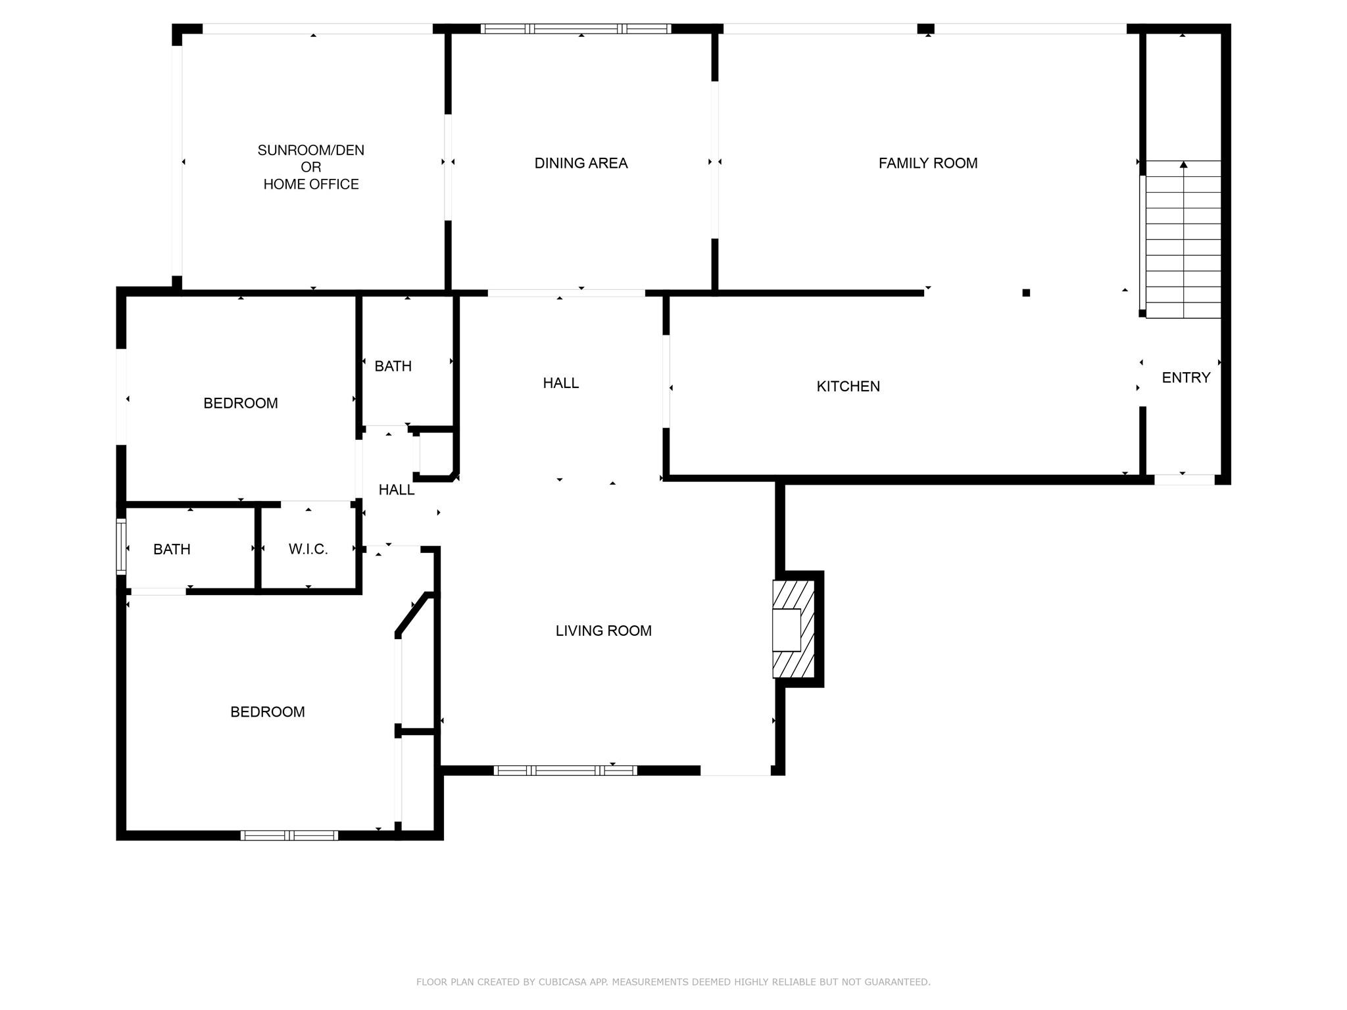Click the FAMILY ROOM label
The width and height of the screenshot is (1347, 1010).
point(927,163)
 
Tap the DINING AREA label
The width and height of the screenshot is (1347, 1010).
point(581,163)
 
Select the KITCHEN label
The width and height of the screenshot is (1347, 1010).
point(848,387)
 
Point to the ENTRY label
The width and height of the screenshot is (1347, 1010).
point(1186,377)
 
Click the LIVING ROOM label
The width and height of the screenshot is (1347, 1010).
point(603,631)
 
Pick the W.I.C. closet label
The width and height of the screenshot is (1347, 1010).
point(308,549)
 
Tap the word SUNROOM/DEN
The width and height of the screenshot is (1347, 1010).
point(310,150)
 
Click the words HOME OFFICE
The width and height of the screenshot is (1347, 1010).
point(310,184)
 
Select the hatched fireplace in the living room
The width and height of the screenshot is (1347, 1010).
point(794,629)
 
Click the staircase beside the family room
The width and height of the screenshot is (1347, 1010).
point(1183,239)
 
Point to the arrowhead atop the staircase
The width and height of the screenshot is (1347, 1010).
point(1183,164)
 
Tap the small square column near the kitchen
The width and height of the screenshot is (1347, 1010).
point(1026,293)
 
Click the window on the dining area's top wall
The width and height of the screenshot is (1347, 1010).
point(576,28)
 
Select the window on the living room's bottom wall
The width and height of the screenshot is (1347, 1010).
point(565,771)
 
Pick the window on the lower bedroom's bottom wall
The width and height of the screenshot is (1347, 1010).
point(289,836)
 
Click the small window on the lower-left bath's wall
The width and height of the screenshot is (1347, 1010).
point(121,546)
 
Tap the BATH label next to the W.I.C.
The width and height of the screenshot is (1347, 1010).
point(172,549)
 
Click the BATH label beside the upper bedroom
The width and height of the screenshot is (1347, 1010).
point(393,366)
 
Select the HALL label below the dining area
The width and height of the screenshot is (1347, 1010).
point(560,383)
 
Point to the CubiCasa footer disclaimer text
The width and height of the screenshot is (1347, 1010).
point(673,982)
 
